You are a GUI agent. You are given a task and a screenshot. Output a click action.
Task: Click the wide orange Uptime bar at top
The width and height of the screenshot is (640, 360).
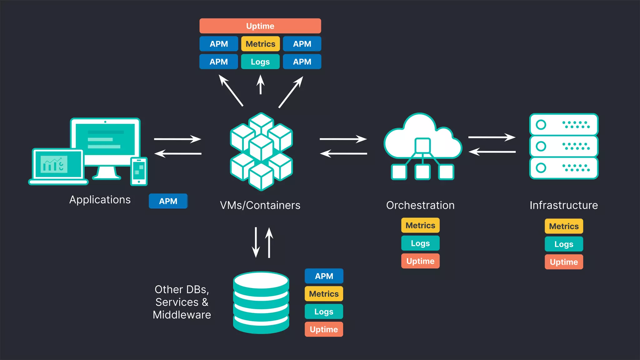point(260,26)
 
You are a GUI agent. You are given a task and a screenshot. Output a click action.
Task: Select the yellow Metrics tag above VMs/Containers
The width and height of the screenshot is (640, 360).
point(260,44)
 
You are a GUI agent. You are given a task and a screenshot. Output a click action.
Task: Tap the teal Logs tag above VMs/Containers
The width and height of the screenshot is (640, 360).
point(260,62)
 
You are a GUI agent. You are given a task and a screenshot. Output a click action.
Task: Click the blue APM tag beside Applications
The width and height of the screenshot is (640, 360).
point(168,201)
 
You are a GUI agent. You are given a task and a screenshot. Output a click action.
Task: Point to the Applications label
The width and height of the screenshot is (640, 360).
point(100,200)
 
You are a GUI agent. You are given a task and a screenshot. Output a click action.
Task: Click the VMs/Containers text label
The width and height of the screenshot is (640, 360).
point(260,205)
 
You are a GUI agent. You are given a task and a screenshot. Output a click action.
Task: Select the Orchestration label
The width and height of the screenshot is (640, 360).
point(420,205)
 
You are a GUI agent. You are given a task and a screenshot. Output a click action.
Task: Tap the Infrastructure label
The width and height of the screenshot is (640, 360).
point(564,205)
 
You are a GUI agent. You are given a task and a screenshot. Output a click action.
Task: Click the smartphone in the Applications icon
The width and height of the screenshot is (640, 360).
point(139,171)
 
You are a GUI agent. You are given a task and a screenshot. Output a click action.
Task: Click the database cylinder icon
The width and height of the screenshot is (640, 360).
point(261,302)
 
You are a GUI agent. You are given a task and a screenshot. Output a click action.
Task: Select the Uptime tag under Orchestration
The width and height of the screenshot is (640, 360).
point(420,261)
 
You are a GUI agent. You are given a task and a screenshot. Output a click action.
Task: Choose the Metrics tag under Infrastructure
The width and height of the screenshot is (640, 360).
point(564,226)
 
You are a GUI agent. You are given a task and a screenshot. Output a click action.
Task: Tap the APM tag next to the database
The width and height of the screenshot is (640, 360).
point(324,276)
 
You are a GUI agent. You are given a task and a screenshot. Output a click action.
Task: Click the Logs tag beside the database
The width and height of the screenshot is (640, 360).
point(324,312)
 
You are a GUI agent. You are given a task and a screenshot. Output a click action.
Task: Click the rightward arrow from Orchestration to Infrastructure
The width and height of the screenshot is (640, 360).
point(492,137)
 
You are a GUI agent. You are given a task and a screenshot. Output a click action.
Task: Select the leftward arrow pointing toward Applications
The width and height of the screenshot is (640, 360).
point(178,153)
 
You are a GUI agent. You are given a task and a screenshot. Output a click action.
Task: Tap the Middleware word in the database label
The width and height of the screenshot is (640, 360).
point(182,315)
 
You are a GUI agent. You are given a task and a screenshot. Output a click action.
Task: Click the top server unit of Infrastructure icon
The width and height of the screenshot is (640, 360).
point(564,125)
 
